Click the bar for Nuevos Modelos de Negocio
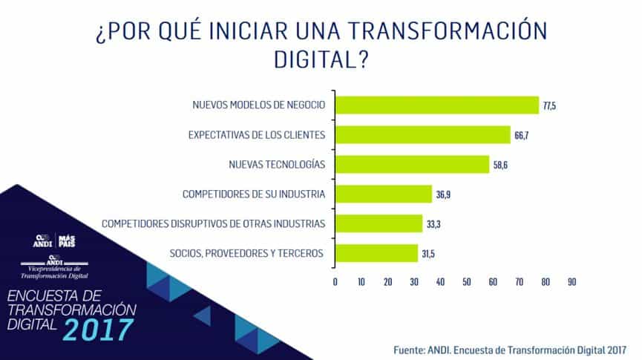click(x=436, y=105)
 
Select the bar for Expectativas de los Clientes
click(x=422, y=134)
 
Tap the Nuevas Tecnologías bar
click(x=412, y=164)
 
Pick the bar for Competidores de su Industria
click(x=383, y=194)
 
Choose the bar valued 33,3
click(x=379, y=223)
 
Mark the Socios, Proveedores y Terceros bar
click(x=376, y=253)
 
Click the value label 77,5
click(x=549, y=106)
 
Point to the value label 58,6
click(x=500, y=165)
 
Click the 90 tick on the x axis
click(x=571, y=282)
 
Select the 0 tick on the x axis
click(x=335, y=282)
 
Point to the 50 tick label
click(x=466, y=282)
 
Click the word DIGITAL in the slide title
click(x=321, y=59)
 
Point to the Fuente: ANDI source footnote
click(x=508, y=348)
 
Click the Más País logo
click(x=66, y=240)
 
